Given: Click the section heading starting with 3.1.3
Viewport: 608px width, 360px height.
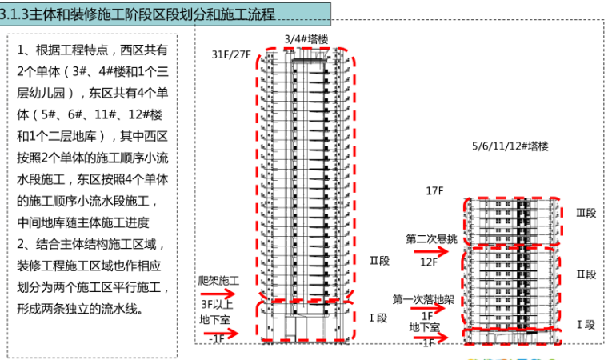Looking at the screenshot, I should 140,14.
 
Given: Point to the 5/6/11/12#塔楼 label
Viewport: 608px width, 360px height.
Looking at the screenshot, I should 510,146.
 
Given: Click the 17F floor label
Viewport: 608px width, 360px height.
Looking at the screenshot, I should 434,190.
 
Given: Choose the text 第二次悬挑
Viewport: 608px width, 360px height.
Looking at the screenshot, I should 431,238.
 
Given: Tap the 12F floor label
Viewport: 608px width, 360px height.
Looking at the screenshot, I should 429,262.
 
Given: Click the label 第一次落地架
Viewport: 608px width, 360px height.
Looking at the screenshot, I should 423,300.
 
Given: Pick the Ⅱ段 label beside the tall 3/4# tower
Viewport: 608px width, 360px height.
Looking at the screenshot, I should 378,260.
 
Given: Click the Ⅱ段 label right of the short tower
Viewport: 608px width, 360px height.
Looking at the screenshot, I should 586,274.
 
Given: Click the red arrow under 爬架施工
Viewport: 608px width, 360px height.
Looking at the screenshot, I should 218,294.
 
